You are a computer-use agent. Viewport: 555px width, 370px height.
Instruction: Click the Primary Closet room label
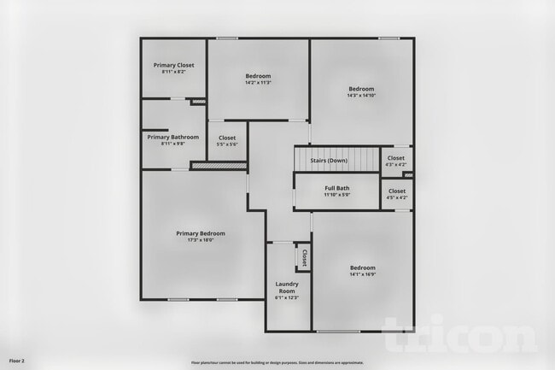173,66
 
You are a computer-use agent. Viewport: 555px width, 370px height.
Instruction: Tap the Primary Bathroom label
172,137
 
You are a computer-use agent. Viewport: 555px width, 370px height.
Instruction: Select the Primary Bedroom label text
201,233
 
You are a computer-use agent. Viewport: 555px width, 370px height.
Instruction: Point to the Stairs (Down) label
328,161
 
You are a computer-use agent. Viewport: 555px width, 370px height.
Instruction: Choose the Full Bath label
336,188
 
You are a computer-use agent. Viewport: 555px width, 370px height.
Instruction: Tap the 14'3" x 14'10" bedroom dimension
361,96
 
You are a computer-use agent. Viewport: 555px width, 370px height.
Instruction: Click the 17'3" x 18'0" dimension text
201,240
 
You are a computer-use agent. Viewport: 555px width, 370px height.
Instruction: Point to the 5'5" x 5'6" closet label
227,144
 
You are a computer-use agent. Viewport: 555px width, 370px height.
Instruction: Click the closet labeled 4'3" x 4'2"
397,165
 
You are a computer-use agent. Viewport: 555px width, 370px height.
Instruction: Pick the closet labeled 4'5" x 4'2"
397,197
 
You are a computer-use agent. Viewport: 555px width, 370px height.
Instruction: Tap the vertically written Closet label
303,256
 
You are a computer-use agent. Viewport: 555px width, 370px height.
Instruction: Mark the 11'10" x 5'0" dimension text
336,195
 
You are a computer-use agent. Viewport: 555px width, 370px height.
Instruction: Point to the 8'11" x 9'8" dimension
172,144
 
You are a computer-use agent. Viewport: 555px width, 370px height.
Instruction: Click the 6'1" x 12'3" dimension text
286,297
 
